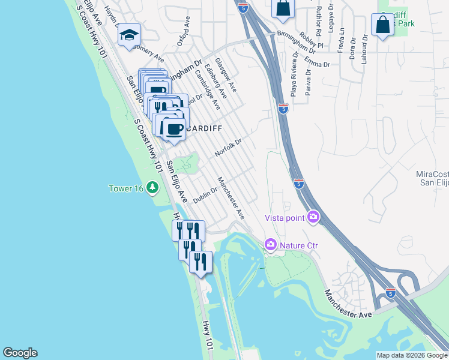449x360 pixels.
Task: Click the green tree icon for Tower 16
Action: point(154,188)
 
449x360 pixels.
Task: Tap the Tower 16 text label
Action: point(126,188)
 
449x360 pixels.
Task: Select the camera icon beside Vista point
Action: point(313,217)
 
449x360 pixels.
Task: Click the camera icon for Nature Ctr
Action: point(270,244)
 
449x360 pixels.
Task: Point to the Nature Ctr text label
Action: point(298,245)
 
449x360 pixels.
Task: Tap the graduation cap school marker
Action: point(128,35)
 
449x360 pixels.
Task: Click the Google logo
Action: point(20,353)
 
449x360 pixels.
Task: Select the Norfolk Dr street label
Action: point(228,149)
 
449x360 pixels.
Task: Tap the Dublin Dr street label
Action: point(205,196)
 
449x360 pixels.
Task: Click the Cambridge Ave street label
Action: point(207,89)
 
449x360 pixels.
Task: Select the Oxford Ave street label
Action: point(184,31)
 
